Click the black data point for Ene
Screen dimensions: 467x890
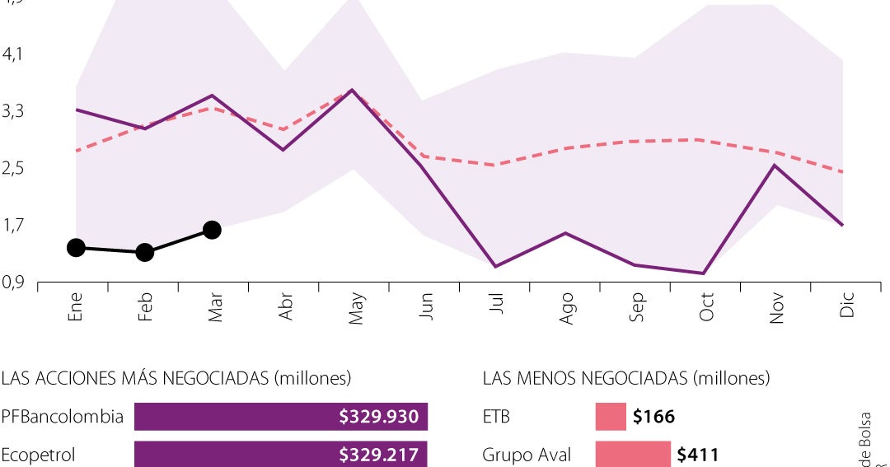coord(76,248)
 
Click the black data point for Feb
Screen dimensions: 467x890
coord(145,252)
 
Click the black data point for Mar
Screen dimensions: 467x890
coord(212,230)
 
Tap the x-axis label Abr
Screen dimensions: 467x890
coord(286,307)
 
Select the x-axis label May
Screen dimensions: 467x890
coord(356,308)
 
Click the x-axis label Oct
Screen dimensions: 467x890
coord(706,306)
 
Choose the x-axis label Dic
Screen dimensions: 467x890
coord(846,305)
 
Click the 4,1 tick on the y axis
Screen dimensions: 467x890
coord(14,54)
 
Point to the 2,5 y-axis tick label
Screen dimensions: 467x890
coord(14,169)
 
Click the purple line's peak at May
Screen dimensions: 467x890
coord(352,90)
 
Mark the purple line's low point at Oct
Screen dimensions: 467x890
coord(702,273)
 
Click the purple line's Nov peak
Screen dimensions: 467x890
coord(773,166)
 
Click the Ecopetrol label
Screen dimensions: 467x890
coord(38,455)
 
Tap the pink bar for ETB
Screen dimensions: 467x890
coord(611,417)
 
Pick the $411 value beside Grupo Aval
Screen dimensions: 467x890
coord(696,455)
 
